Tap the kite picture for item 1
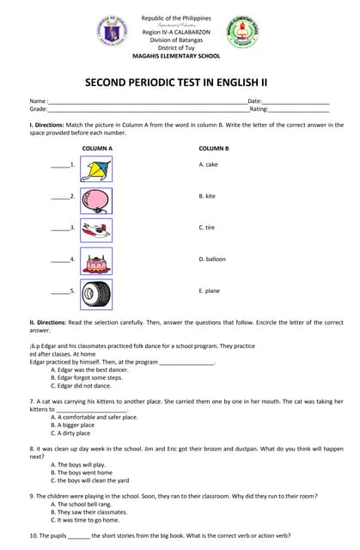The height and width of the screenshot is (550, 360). click(x=95, y=168)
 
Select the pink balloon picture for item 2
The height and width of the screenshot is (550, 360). click(x=95, y=199)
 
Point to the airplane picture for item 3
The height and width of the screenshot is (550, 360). click(x=95, y=229)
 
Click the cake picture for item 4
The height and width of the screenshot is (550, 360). click(x=95, y=260)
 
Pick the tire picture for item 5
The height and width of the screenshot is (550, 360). click(x=95, y=293)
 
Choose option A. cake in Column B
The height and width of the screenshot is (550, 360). click(x=208, y=164)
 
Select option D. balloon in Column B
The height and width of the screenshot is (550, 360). click(x=212, y=259)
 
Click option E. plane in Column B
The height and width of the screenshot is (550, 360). click(x=209, y=290)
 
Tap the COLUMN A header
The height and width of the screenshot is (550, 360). click(x=97, y=149)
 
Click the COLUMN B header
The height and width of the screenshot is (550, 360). click(x=214, y=149)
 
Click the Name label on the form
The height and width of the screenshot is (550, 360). click(x=39, y=101)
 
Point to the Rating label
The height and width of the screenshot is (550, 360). click(x=259, y=109)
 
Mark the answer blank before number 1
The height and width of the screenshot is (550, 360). click(x=59, y=164)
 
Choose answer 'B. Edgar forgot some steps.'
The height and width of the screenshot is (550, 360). click(x=86, y=377)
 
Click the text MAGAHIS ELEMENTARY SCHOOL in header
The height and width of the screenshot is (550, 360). click(x=175, y=56)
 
